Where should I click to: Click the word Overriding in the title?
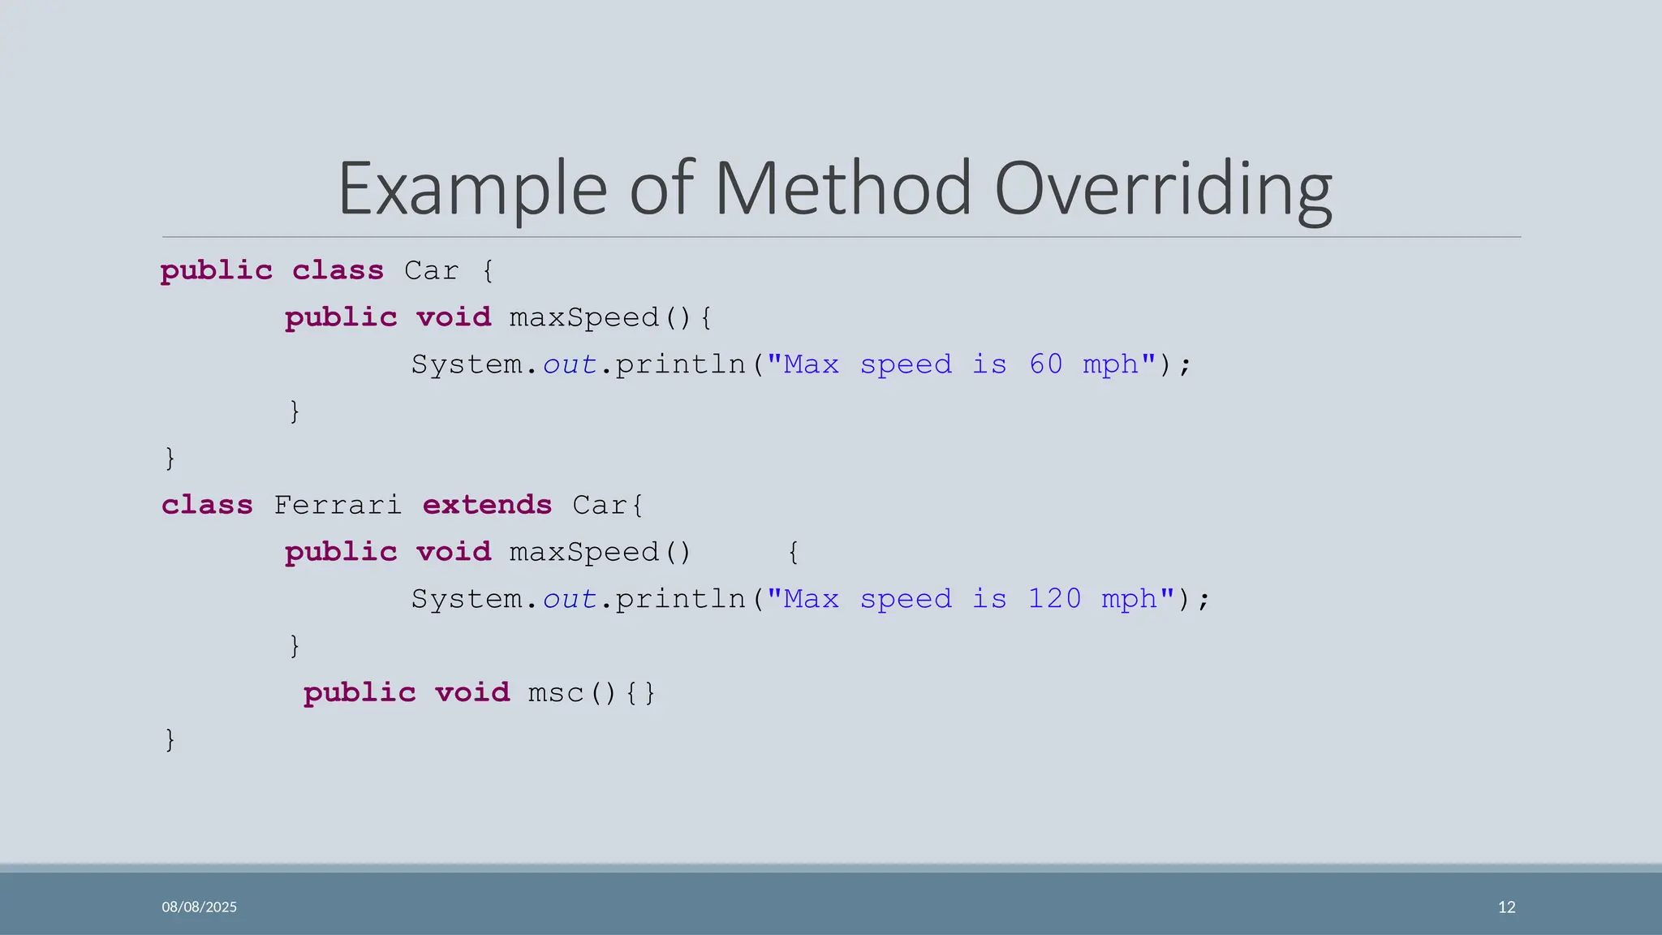pos(1162,189)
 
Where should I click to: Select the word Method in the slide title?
pos(842,189)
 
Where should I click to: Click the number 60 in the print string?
pos(1045,364)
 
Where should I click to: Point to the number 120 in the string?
pos(1054,599)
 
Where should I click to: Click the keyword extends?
pos(487,505)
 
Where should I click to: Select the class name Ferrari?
pos(338,505)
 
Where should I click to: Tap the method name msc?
pos(556,693)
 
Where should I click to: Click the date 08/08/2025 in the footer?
pos(199,907)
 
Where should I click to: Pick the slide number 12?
pos(1506,907)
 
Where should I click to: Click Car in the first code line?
pos(431,270)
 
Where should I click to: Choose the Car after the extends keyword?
pos(601,505)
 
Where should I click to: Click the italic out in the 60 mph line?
pos(570,364)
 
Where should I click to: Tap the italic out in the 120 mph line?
pos(570,599)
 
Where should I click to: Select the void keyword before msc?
pos(472,693)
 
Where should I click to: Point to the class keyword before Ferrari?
pos(207,505)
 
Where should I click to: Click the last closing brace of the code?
pos(170,739)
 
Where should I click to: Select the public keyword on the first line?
pos(216,270)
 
